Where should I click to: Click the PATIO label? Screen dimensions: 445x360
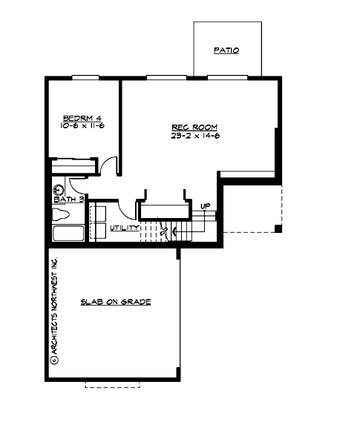click(226, 51)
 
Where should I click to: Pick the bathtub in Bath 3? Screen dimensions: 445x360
click(68, 235)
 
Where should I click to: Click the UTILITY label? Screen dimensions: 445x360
click(123, 228)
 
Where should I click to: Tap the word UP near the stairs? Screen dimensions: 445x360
click(205, 205)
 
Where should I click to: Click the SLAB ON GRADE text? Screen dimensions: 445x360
click(116, 303)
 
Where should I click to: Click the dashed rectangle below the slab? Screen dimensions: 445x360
click(112, 382)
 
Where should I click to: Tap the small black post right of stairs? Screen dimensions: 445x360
click(277, 228)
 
